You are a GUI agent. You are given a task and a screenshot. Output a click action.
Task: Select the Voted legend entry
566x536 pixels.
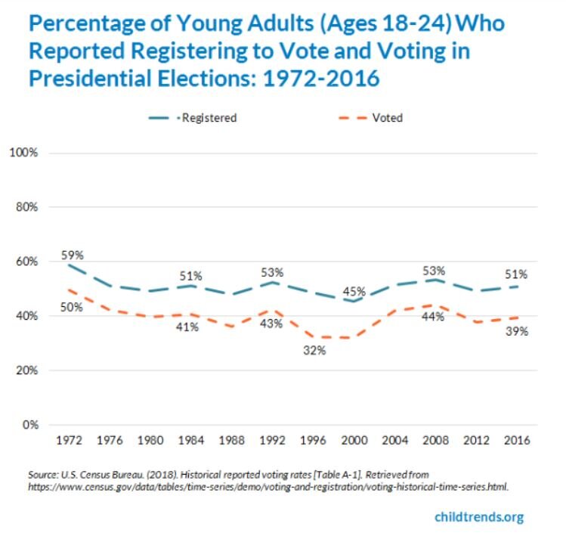(x=378, y=117)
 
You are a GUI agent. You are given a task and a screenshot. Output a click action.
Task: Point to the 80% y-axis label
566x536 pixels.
(x=26, y=207)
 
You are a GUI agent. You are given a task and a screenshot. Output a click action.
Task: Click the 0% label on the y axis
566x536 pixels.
(x=29, y=425)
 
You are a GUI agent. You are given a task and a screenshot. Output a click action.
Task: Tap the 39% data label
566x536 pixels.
(x=517, y=331)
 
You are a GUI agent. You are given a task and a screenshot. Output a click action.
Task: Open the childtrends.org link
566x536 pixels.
(x=478, y=517)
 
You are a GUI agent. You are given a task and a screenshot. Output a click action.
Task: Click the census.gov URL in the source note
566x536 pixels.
(x=268, y=488)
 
